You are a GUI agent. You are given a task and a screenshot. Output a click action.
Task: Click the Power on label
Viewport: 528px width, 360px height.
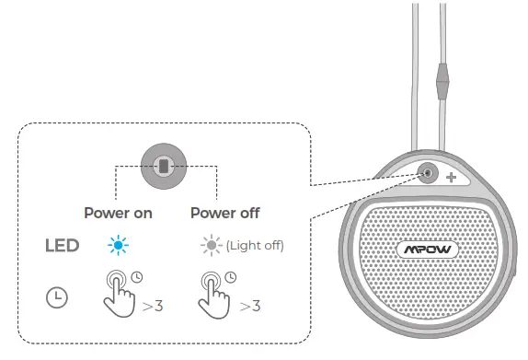coord(119,213)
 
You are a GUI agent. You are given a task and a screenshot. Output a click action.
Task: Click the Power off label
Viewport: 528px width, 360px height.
coord(225,213)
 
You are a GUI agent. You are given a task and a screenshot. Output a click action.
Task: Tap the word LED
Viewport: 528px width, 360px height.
coord(62,246)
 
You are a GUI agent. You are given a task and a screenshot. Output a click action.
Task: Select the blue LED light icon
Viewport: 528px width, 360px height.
coord(118,246)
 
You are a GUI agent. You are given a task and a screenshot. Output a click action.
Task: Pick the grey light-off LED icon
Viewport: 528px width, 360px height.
coord(211,246)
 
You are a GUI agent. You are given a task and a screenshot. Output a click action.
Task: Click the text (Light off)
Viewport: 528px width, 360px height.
coord(255,246)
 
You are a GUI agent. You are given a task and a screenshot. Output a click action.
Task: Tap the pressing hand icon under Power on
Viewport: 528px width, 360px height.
coord(118,293)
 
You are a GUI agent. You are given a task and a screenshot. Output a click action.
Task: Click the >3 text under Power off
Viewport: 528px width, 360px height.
coord(248,305)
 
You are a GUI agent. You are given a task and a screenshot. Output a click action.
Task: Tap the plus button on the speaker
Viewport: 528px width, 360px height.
coord(452,178)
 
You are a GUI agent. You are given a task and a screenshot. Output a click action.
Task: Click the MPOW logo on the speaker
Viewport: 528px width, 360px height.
coord(428,249)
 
